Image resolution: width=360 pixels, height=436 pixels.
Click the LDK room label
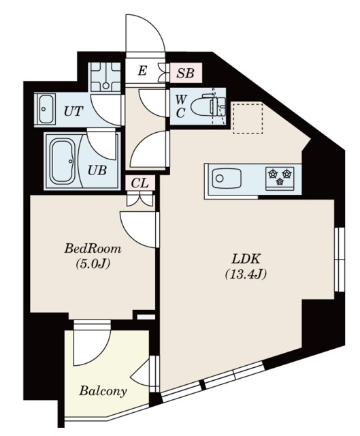246,259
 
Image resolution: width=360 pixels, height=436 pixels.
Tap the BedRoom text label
93,248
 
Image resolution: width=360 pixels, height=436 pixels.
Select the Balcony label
103,391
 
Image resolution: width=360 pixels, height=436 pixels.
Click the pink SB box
186,73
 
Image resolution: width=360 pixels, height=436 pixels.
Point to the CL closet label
140,183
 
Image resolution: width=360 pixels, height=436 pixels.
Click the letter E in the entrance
142,71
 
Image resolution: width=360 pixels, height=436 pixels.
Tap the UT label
73,111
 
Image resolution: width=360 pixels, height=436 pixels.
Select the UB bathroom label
97,170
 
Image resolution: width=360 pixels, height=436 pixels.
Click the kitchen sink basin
227,178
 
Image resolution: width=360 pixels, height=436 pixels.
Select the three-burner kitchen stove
280,178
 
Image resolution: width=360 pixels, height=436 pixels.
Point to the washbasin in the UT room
45,109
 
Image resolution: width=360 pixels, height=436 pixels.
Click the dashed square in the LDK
248,118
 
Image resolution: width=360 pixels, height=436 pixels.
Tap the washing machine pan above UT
105,77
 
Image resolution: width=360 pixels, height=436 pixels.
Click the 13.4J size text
246,274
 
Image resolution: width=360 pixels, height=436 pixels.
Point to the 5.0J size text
93,264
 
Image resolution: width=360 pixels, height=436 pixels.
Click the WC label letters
181,106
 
